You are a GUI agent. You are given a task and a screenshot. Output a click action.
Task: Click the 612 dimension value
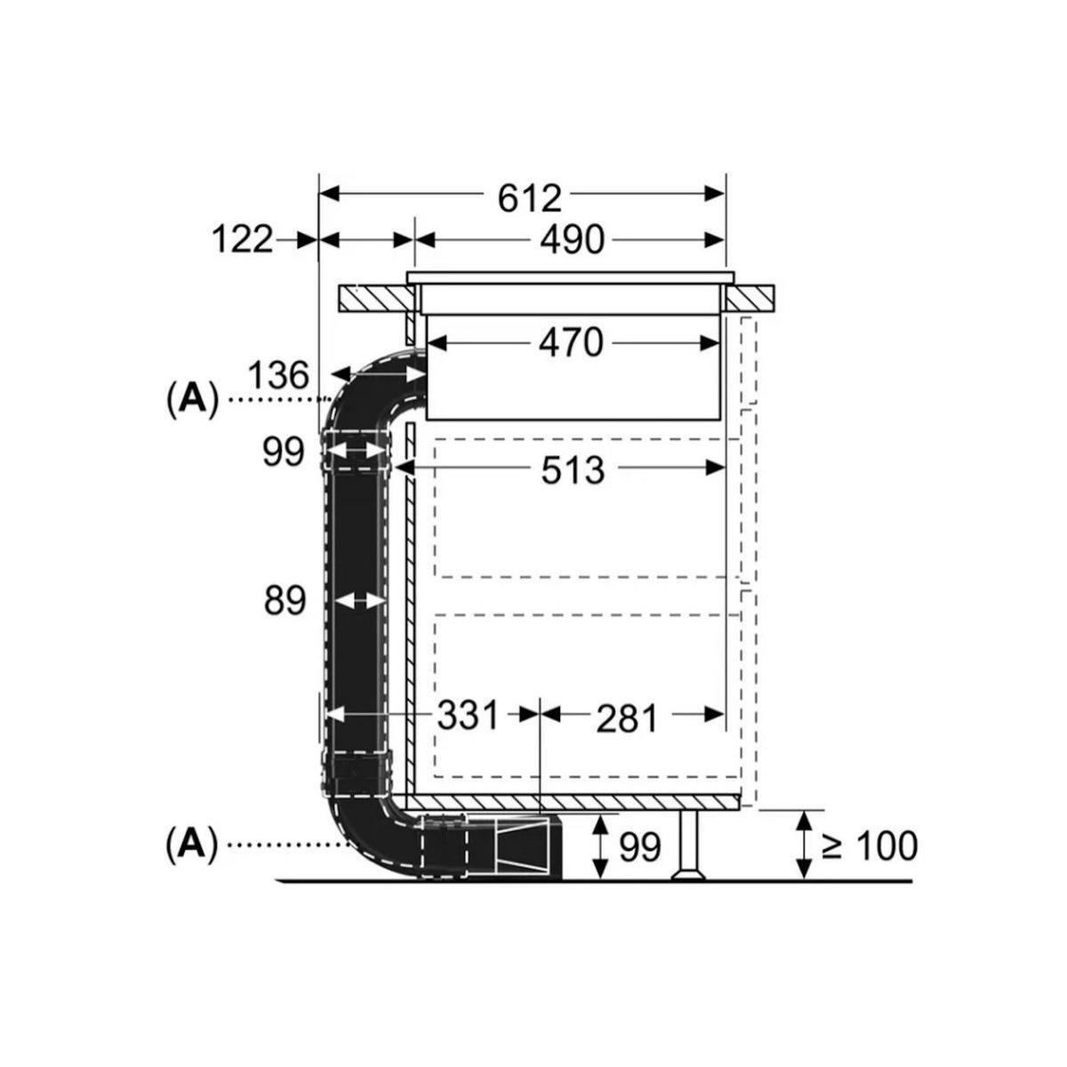529,198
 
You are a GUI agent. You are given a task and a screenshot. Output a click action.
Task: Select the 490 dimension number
572,240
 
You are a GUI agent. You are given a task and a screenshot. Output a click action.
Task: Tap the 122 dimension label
243,240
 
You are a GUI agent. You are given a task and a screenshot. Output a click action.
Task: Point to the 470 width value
571,342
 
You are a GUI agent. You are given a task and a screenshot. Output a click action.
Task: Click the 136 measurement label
278,375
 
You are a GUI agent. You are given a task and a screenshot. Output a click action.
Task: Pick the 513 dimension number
573,470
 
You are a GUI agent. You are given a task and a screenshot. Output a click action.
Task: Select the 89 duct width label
285,601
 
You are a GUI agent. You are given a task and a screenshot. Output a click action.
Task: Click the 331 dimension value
468,715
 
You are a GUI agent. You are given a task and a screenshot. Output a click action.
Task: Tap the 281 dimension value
627,719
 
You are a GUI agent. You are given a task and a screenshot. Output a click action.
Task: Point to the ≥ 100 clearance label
869,846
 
